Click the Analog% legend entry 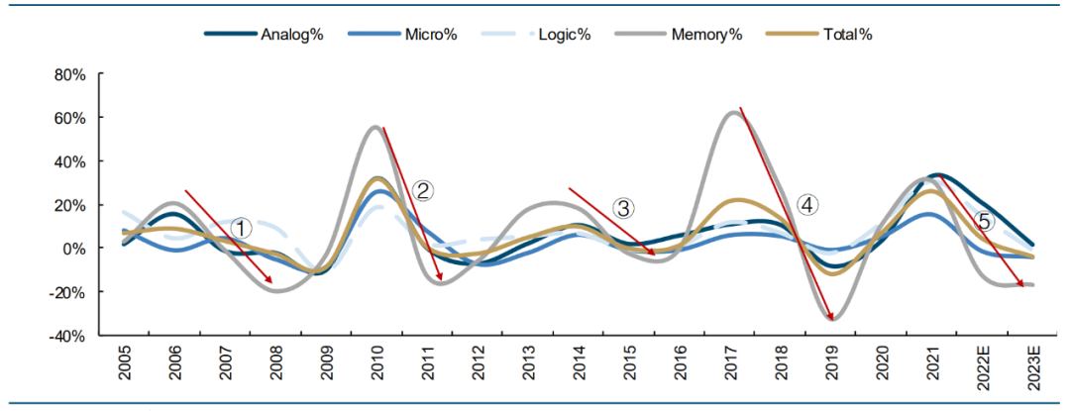260,35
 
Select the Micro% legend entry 402,35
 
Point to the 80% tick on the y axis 73,74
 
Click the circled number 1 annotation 241,228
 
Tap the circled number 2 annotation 423,191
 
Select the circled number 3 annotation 624,208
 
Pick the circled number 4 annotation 807,205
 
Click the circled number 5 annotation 984,221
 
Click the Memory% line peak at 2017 731,112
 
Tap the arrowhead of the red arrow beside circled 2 441,280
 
